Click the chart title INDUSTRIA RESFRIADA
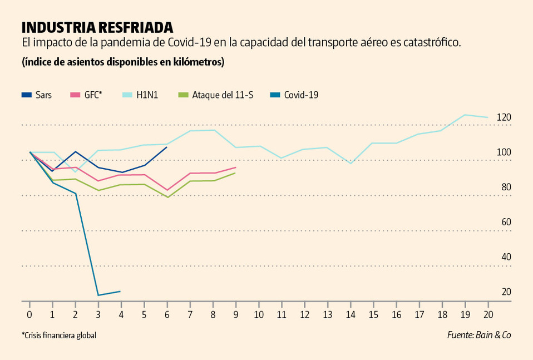pyautogui.click(x=97, y=27)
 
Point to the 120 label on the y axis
pyautogui.click(x=504, y=117)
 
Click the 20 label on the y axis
pyautogui.click(x=506, y=292)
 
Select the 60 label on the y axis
pyautogui.click(x=506, y=222)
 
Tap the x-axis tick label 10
pyautogui.click(x=259, y=314)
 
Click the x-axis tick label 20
pyautogui.click(x=488, y=314)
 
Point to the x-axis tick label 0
pyautogui.click(x=29, y=314)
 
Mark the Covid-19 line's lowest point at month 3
pyautogui.click(x=98, y=295)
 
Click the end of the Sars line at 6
pyautogui.click(x=167, y=147)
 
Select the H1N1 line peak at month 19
pyautogui.click(x=465, y=115)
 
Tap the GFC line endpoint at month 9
pyautogui.click(x=236, y=167)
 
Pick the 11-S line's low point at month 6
pyautogui.click(x=167, y=197)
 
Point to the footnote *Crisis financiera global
pyautogui.click(x=63, y=335)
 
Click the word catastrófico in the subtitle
pyautogui.click(x=430, y=43)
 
